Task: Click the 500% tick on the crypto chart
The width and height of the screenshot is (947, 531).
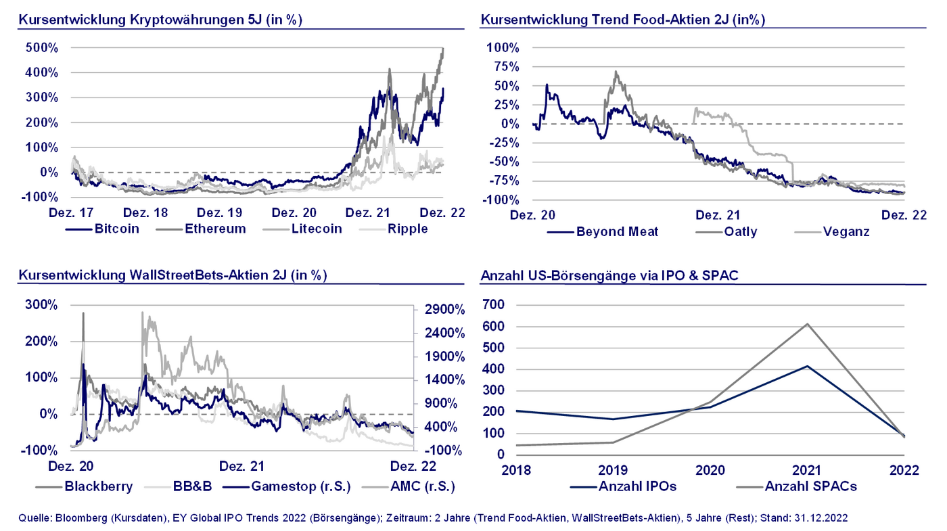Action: click(43, 48)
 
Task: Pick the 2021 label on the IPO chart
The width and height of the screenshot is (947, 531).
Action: click(807, 470)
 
